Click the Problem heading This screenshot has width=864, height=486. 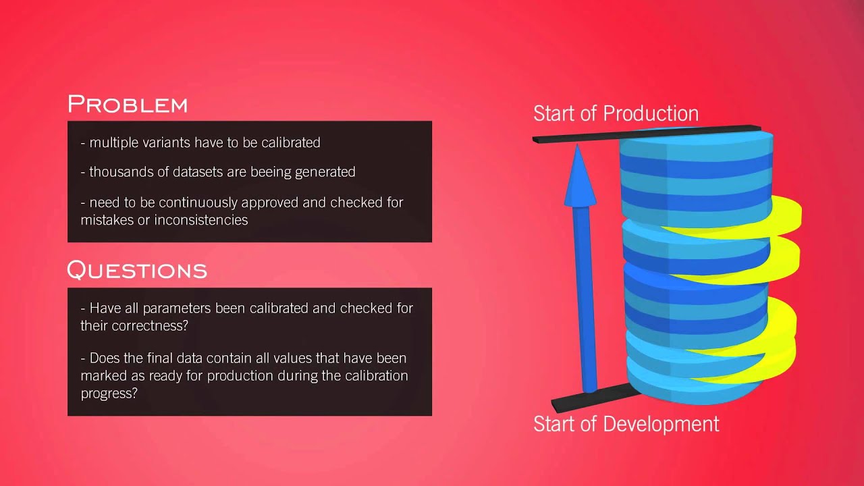point(127,105)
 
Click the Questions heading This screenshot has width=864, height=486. point(136,270)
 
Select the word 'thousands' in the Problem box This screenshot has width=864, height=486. point(118,171)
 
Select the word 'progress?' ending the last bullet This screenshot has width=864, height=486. point(109,392)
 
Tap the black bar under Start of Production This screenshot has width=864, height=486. point(574,137)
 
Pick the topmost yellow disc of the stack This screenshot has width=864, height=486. point(783,215)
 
